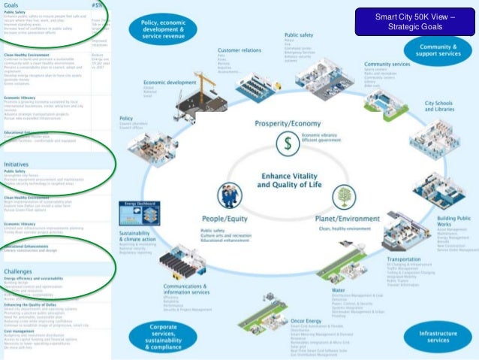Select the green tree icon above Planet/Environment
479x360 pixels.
[x=344, y=197]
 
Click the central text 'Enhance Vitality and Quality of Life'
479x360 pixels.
[x=286, y=179]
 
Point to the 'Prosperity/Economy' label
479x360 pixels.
[x=286, y=123]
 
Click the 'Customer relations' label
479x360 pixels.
[x=238, y=50]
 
